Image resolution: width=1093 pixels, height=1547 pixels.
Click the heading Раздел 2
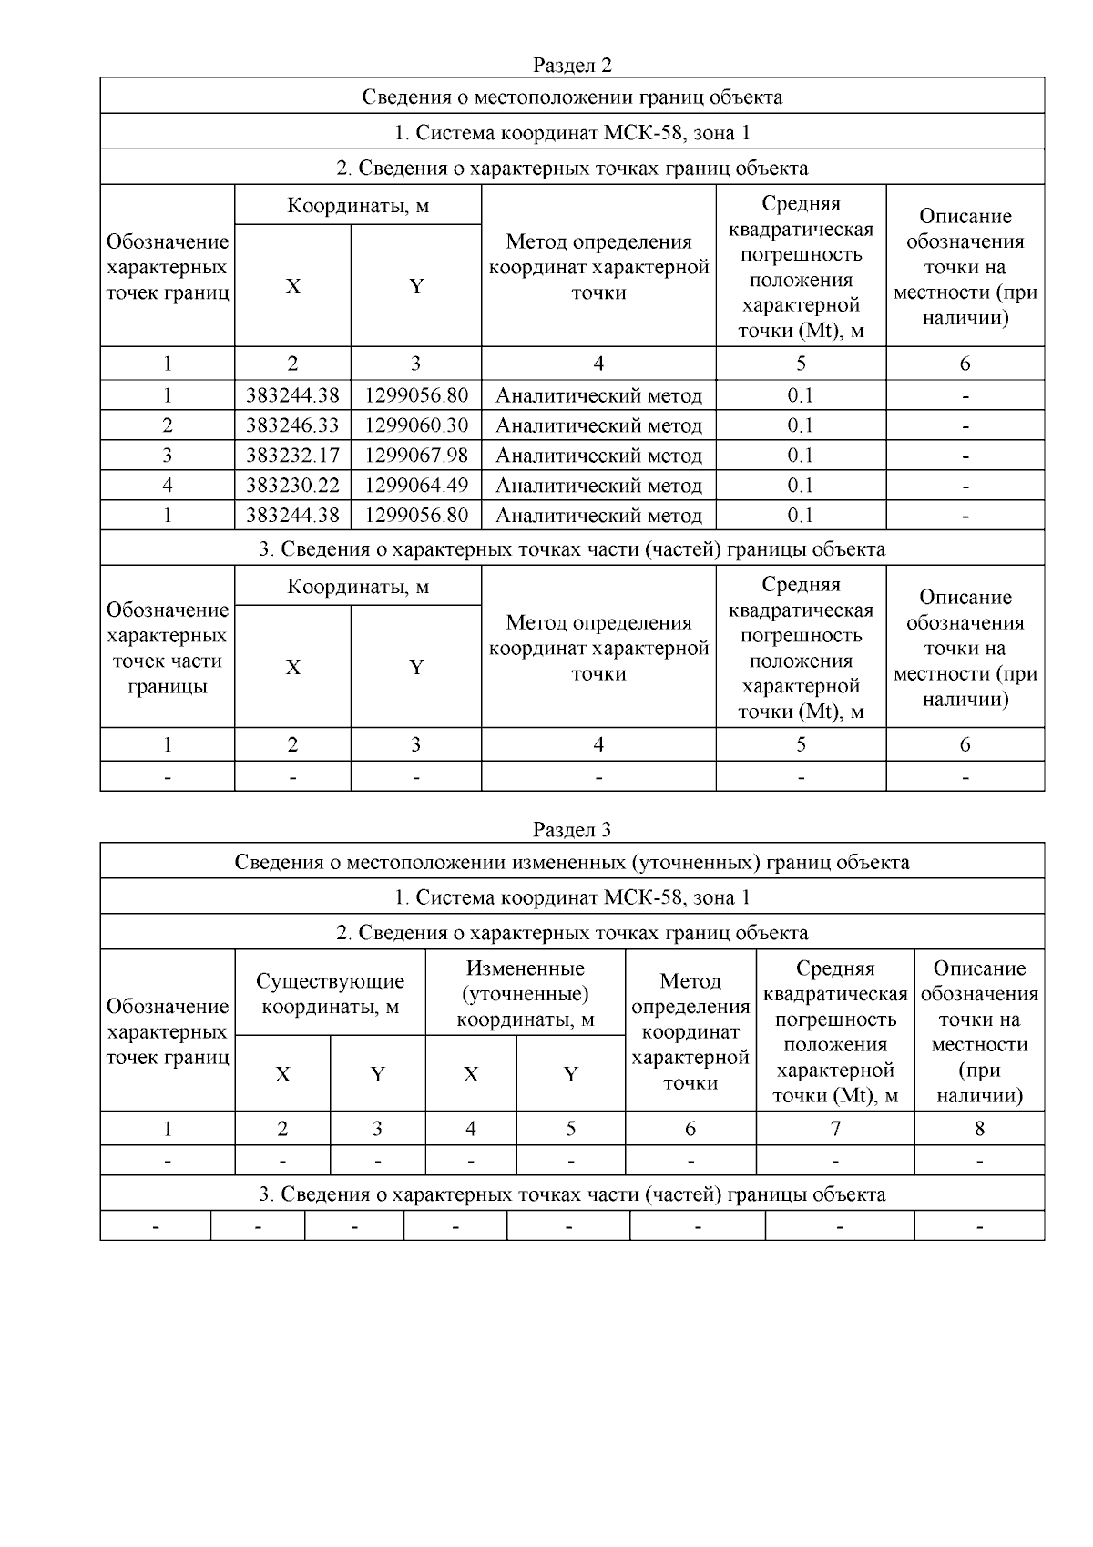coord(572,66)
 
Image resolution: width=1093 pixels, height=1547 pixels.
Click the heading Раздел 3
coord(572,830)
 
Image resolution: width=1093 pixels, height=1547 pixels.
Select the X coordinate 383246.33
coord(292,425)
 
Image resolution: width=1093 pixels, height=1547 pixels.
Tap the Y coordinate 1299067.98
coord(416,456)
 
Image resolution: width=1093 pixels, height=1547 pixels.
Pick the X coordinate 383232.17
coord(292,456)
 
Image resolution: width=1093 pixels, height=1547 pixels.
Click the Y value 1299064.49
coord(416,486)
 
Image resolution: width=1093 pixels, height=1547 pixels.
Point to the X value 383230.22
coord(292,486)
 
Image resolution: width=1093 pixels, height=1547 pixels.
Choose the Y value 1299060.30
coord(416,425)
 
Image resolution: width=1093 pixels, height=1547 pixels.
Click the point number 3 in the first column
coord(168,456)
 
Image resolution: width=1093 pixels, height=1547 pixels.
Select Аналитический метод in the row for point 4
coord(598,486)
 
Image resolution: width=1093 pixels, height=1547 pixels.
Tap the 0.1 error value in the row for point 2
coord(801,425)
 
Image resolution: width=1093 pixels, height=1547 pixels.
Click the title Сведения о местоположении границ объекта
coord(572,97)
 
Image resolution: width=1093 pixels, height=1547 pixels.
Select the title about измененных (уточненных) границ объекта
coord(572,862)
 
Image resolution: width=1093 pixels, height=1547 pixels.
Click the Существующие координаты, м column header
coord(330,994)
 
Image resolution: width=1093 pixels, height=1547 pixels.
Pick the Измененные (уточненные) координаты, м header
coord(525,994)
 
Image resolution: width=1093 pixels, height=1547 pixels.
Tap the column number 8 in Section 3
coord(979,1129)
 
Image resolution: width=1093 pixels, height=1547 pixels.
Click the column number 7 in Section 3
coord(835,1129)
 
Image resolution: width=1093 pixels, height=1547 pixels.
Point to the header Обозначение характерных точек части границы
coord(168,648)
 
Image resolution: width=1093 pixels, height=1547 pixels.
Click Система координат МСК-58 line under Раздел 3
coord(572,897)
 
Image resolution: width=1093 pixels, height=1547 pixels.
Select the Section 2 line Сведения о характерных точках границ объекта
coord(572,169)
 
